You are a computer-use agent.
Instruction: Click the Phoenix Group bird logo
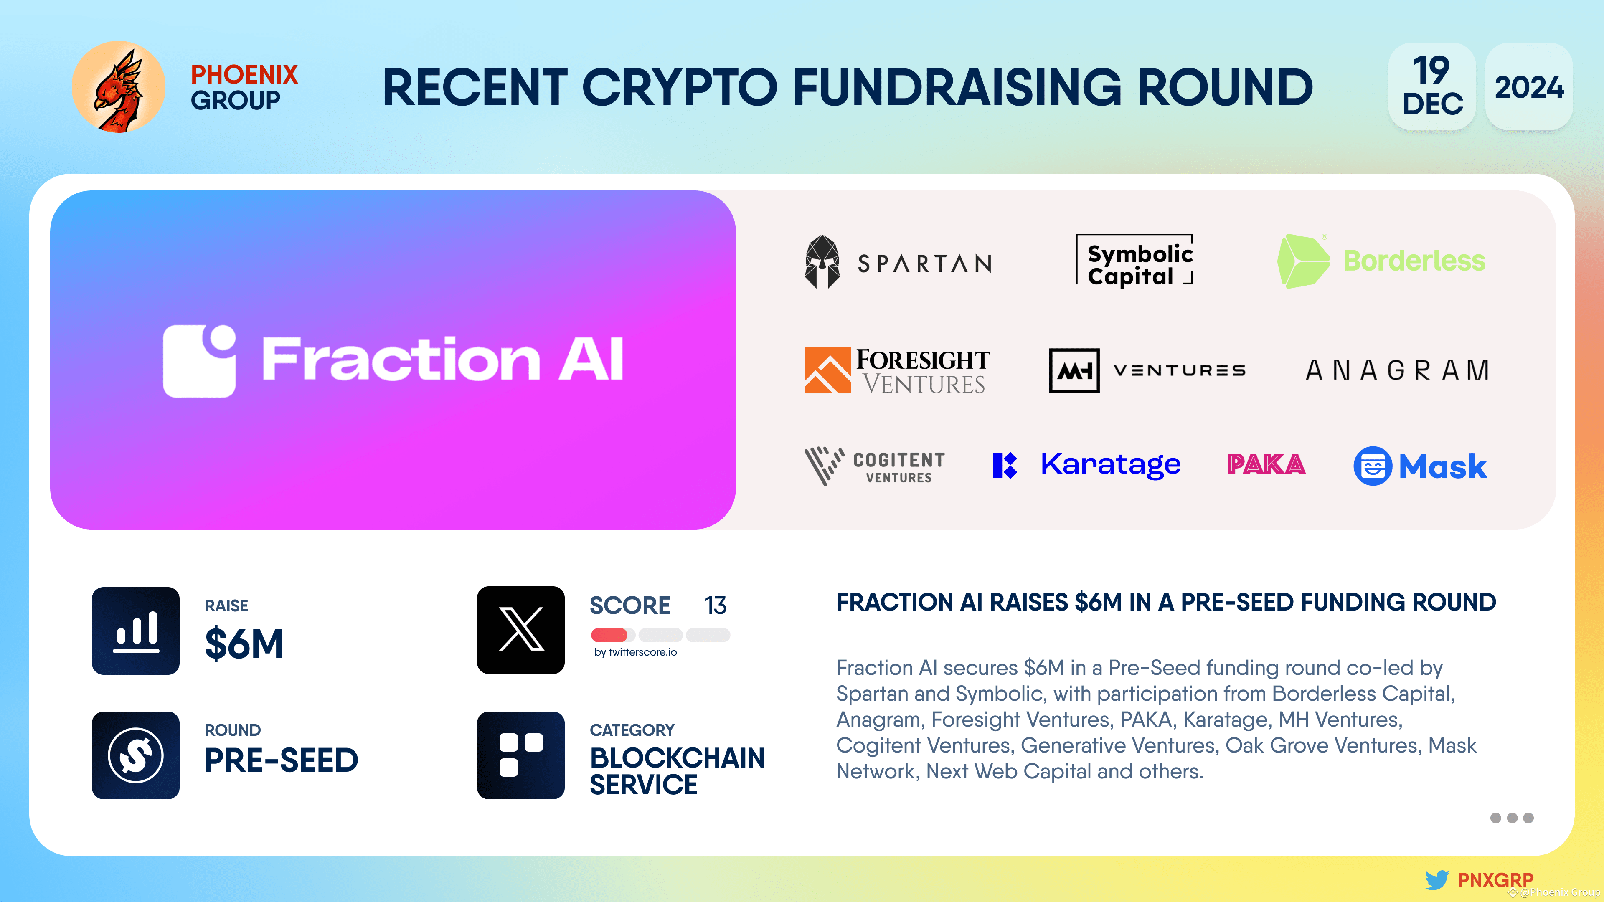[118, 87]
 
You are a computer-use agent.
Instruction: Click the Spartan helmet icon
[822, 262]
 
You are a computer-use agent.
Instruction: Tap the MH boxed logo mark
[1074, 370]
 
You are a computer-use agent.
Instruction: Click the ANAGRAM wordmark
[1397, 370]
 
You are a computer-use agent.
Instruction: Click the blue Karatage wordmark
[1110, 464]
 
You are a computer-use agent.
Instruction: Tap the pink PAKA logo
[1266, 464]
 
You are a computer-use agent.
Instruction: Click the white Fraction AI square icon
[199, 361]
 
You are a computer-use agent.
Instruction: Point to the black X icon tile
[520, 630]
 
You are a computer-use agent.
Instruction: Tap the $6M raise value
[244, 644]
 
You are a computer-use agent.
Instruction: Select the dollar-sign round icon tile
[136, 755]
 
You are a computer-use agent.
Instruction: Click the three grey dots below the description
[1511, 818]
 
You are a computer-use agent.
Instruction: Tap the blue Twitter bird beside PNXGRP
[1436, 879]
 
